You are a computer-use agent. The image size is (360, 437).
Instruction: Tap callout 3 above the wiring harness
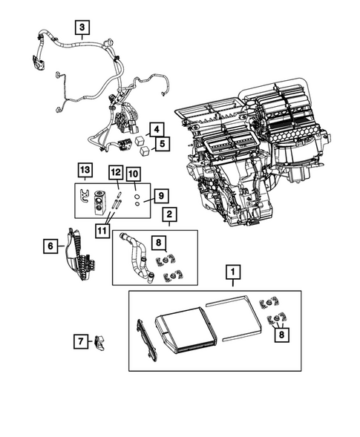click(82, 29)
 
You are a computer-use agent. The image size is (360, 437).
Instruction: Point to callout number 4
click(155, 129)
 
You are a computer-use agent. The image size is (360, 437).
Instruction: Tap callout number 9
click(133, 174)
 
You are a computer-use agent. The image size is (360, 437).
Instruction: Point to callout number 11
click(115, 173)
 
